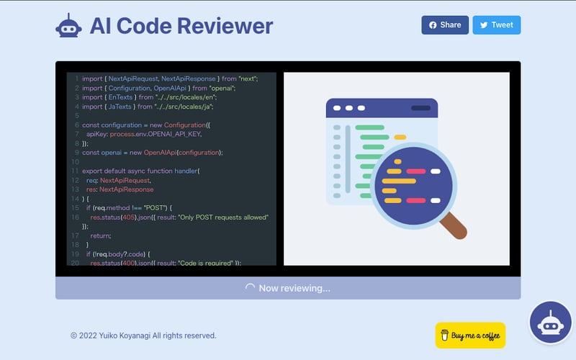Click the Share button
[x=445, y=25]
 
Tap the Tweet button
[x=496, y=25]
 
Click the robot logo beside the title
[x=69, y=26]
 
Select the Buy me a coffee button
[x=470, y=336]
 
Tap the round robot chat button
[x=551, y=323]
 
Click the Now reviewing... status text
[x=294, y=288]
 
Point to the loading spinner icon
[x=250, y=288]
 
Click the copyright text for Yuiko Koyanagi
[x=143, y=336]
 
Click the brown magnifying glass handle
[x=452, y=224]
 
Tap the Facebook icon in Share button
[x=433, y=25]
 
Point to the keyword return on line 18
[x=100, y=235]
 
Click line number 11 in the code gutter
[x=75, y=171]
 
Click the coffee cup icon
[x=444, y=336]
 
